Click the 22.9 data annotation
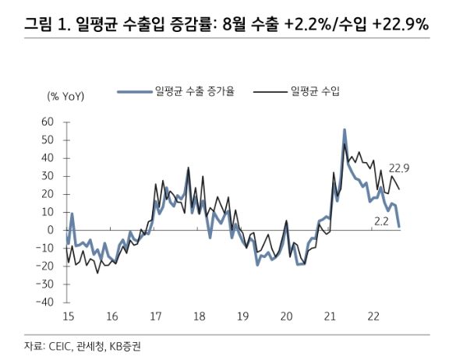click(x=398, y=168)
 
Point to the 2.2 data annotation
click(x=381, y=221)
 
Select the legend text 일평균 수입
click(x=314, y=91)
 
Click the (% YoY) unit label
click(x=65, y=96)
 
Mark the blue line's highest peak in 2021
click(x=345, y=130)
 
